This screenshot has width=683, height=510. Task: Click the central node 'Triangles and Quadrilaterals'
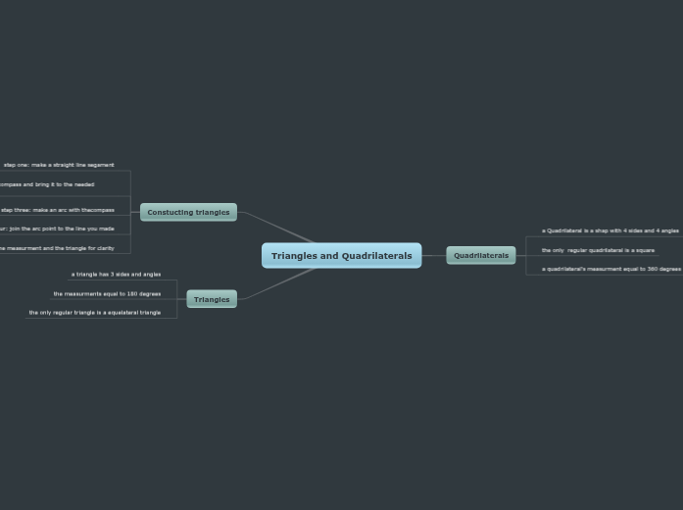pyautogui.click(x=341, y=256)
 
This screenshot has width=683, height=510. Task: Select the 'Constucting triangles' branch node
pyautogui.click(x=188, y=212)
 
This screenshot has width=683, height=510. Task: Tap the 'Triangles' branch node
pyautogui.click(x=212, y=299)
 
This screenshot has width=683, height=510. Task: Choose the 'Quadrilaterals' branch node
pyautogui.click(x=481, y=255)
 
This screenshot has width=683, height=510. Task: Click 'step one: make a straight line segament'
pyautogui.click(x=59, y=165)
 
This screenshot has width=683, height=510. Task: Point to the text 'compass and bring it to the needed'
pyautogui.click(x=46, y=184)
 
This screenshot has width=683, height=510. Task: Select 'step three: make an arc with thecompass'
pyautogui.click(x=57, y=210)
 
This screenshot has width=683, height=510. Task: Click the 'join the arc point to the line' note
pyautogui.click(x=59, y=229)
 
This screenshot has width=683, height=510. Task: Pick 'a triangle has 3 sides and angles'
pyautogui.click(x=116, y=275)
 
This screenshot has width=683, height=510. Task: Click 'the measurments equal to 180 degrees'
pyautogui.click(x=107, y=293)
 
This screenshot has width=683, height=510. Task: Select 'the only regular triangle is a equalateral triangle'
pyautogui.click(x=94, y=313)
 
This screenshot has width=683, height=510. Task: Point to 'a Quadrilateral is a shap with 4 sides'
pyautogui.click(x=610, y=230)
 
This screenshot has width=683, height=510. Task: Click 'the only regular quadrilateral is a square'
pyautogui.click(x=598, y=250)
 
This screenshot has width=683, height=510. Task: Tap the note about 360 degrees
pyautogui.click(x=610, y=269)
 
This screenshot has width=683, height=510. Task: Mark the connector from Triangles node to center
pyautogui.click(x=276, y=284)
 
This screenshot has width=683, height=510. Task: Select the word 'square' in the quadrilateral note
pyautogui.click(x=644, y=250)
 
